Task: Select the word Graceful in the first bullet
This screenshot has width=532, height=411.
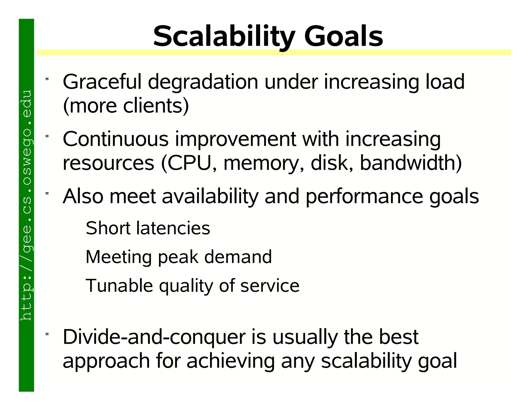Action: (x=102, y=82)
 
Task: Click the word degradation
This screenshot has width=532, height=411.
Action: (x=203, y=82)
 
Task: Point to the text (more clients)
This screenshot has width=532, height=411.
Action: (x=126, y=106)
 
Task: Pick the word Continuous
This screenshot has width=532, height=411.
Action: (x=116, y=139)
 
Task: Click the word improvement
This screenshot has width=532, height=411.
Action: (x=235, y=140)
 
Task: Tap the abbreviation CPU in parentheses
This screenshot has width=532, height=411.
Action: (x=191, y=163)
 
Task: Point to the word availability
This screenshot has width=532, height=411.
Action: (x=210, y=197)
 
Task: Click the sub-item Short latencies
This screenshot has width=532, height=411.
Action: (x=148, y=228)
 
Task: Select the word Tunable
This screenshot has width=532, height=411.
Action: (x=119, y=286)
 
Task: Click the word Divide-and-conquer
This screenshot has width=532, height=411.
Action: (x=154, y=337)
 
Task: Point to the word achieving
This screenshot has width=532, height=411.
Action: (x=230, y=361)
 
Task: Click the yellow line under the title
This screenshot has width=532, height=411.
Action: (x=274, y=52)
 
